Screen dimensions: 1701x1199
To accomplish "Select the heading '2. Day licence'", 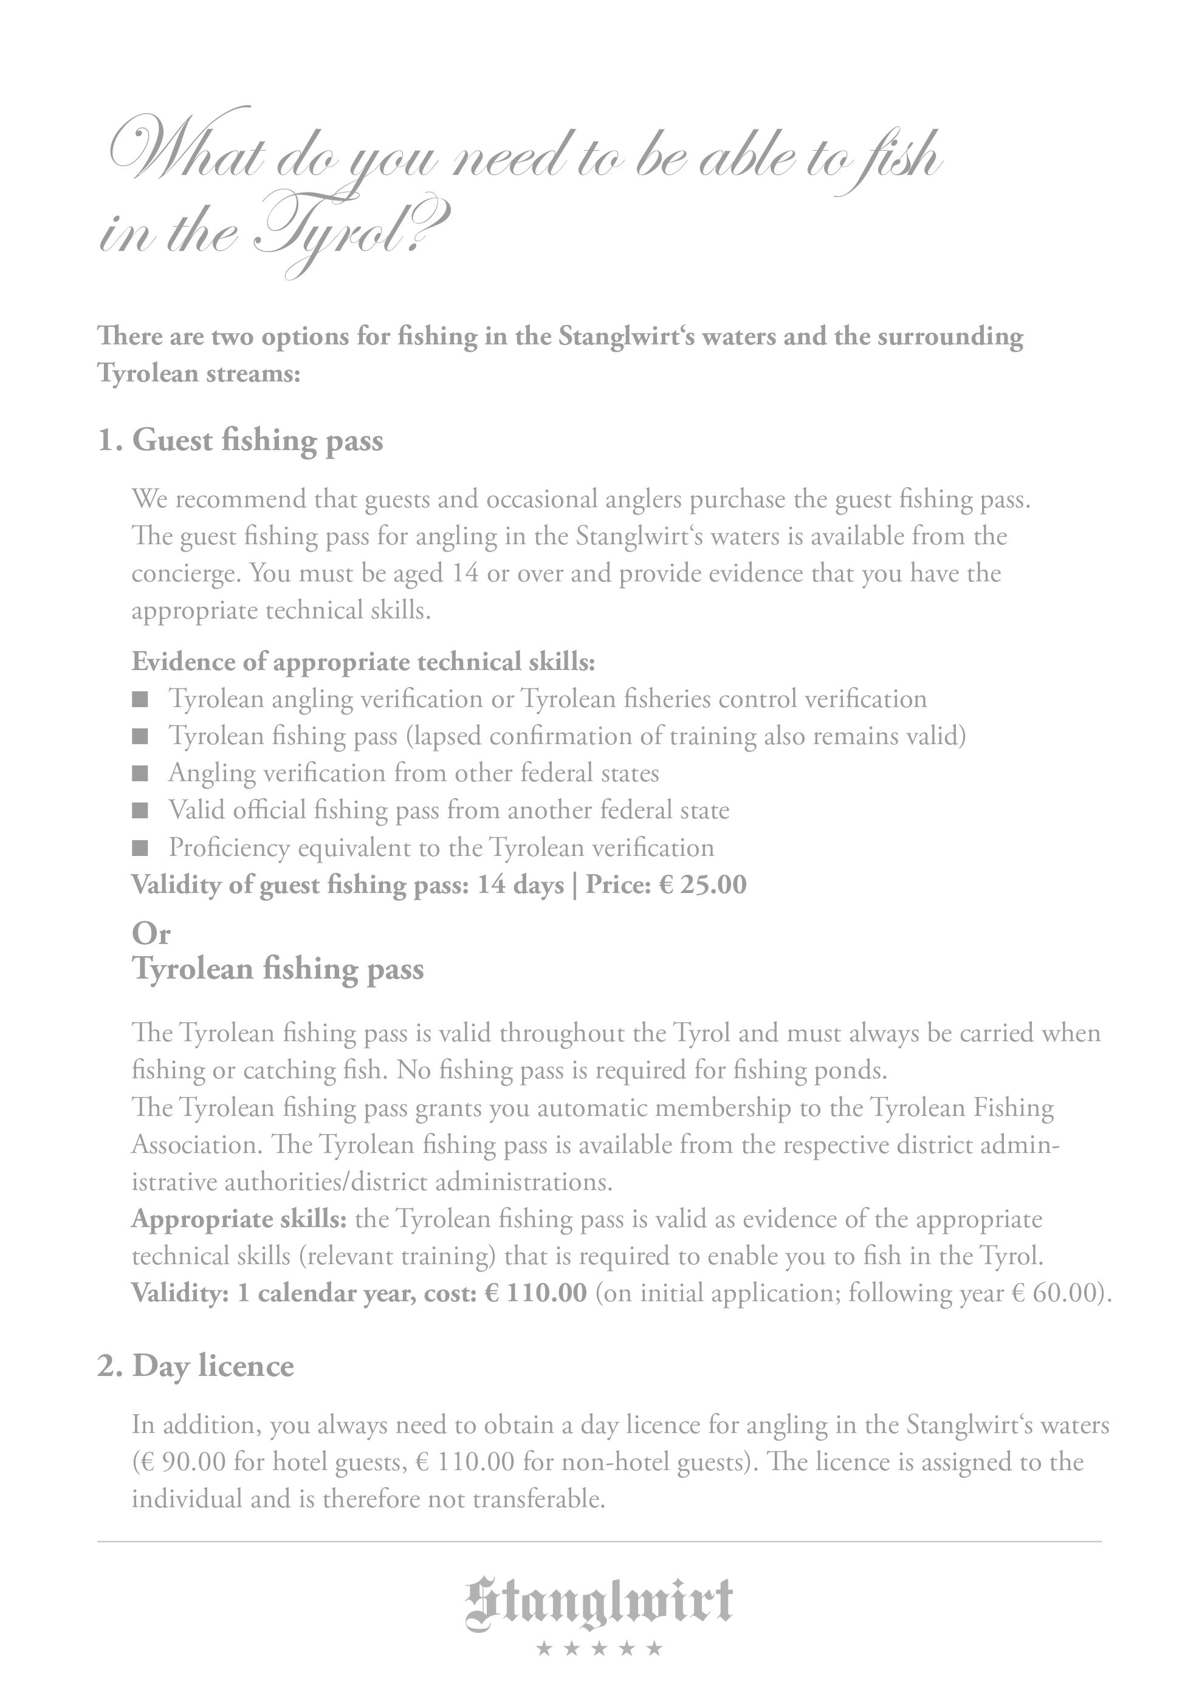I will click(x=196, y=1366).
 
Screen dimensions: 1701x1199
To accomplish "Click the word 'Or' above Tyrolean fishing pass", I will click(x=151, y=934).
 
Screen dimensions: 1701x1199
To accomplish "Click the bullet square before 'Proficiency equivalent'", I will click(x=140, y=848).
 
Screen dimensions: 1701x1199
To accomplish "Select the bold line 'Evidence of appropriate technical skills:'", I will click(x=363, y=662).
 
